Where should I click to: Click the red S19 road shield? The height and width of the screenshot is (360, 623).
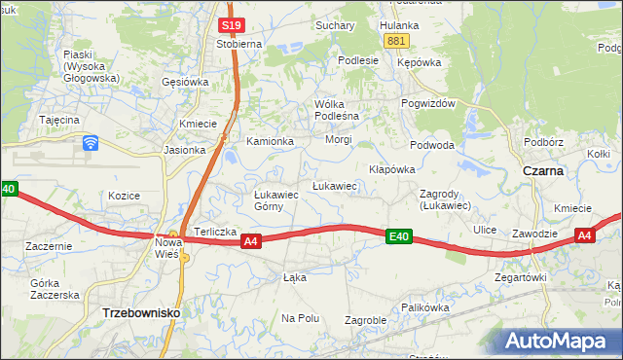tap(231, 25)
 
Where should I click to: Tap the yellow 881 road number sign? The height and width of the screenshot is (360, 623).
tap(395, 41)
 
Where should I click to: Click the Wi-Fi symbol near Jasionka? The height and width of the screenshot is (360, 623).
tap(91, 143)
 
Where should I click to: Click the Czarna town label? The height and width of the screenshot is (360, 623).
tap(543, 170)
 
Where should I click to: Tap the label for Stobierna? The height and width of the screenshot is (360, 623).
tap(239, 44)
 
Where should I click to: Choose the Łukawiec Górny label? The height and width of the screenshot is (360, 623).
tap(275, 199)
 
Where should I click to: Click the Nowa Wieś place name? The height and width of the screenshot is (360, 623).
tap(169, 247)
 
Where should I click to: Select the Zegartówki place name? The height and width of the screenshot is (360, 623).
tap(521, 277)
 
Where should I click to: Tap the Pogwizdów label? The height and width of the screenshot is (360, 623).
tap(427, 104)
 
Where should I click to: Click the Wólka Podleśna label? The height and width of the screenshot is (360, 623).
tap(337, 110)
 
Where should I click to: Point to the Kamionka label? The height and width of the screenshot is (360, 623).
tap(270, 141)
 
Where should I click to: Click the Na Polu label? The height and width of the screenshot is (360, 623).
tap(301, 318)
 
